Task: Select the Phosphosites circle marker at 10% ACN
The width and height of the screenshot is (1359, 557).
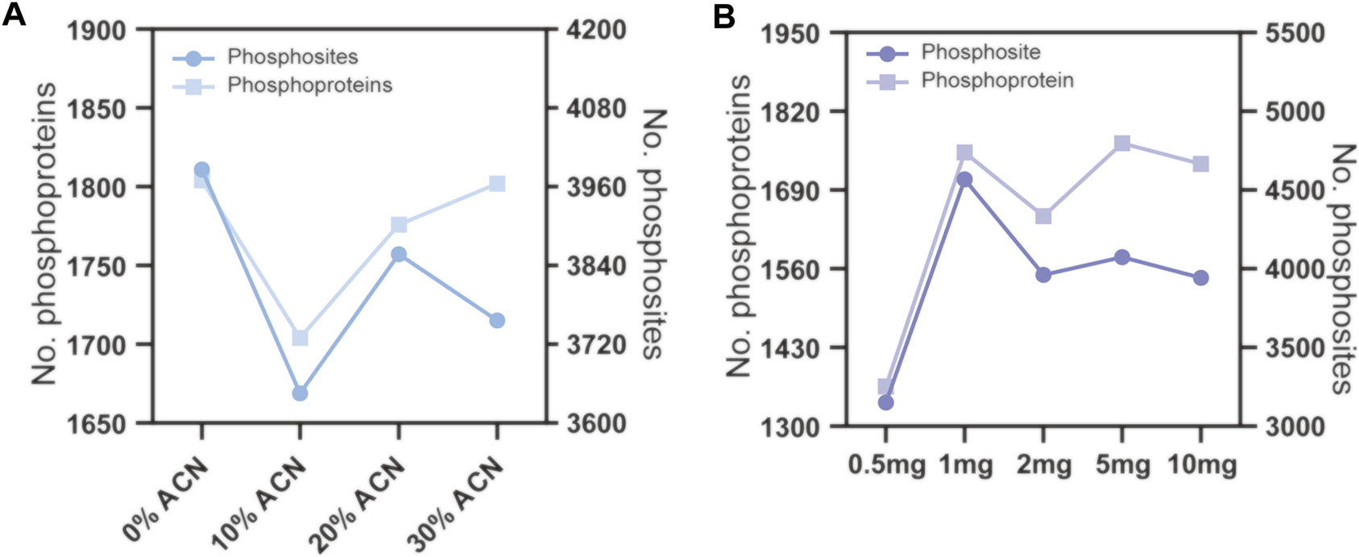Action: [300, 393]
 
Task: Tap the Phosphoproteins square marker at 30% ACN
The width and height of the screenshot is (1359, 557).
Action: [497, 184]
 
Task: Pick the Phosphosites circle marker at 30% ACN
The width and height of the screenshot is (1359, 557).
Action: [497, 320]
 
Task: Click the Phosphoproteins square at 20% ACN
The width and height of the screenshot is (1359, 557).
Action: [398, 224]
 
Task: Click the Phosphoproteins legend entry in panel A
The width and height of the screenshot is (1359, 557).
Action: [309, 85]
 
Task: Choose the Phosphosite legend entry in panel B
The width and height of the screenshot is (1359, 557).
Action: [980, 52]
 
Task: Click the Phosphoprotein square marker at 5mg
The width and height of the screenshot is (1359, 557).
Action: [1121, 143]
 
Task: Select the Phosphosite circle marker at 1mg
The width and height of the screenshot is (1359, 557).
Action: [964, 179]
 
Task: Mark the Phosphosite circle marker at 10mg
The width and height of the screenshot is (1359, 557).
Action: [1200, 277]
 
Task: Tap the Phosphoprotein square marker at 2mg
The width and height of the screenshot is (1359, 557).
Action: [1043, 216]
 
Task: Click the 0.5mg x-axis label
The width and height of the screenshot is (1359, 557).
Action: [886, 467]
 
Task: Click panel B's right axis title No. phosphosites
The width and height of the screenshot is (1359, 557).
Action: [1340, 269]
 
